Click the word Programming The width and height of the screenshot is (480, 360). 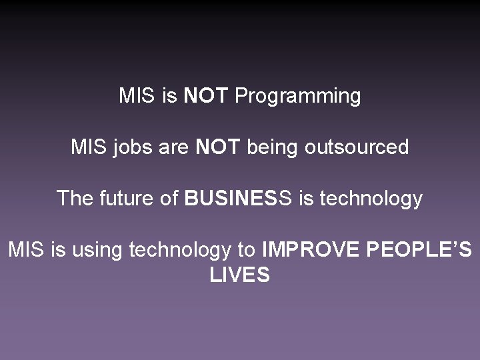tap(297, 97)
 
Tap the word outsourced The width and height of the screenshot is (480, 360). tap(357, 147)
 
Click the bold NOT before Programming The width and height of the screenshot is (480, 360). tap(206, 96)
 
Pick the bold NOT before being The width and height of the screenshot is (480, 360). tap(217, 147)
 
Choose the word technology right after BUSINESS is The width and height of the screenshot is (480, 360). tap(371, 199)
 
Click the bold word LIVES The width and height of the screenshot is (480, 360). tap(239, 275)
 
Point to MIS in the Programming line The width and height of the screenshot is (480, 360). tap(137, 96)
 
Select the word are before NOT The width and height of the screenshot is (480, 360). tap(174, 147)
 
